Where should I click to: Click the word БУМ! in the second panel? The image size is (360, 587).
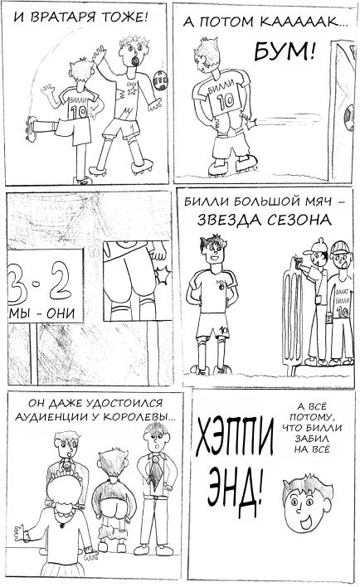tap(284, 55)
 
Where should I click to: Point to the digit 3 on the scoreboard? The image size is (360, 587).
tap(16, 284)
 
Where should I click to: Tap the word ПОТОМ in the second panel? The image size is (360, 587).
tap(238, 27)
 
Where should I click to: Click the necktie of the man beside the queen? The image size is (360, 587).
tap(153, 472)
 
